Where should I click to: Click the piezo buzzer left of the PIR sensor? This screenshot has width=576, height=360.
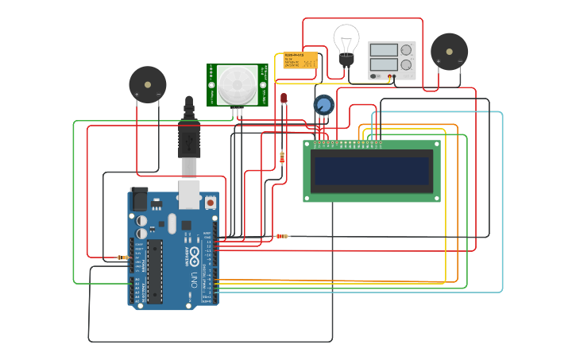pos(148,84)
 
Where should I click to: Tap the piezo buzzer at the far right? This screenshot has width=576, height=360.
pos(449,52)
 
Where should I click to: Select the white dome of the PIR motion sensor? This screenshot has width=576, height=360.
pos(238,84)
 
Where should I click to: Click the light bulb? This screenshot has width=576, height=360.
pos(346,40)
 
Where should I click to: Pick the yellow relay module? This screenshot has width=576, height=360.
pos(300,60)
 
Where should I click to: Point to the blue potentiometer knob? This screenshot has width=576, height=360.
pos(324,105)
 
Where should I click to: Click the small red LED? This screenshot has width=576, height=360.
pos(283,98)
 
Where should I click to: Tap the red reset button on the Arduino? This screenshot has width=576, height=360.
pos(211,203)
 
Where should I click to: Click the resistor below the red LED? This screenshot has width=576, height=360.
pos(282,157)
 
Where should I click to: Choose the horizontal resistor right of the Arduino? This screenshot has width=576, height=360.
pos(281,236)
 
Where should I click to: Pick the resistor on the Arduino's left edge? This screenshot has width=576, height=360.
pos(122,257)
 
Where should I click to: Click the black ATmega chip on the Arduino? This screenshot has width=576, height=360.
pos(154,270)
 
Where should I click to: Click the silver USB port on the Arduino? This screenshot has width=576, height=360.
pos(189,195)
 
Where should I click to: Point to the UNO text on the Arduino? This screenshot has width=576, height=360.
pos(194,280)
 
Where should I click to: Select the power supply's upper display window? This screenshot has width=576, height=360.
pos(383,50)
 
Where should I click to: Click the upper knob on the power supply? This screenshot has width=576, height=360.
pos(406,50)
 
